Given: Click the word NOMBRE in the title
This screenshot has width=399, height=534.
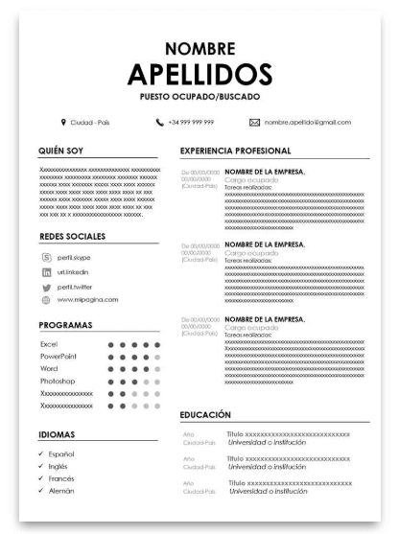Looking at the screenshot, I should [x=199, y=48].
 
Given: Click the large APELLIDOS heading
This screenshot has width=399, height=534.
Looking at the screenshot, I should [x=199, y=74].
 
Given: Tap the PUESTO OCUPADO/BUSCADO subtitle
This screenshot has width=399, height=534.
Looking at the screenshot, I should [x=199, y=97].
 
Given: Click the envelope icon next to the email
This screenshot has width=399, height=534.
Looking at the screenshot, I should [x=254, y=123].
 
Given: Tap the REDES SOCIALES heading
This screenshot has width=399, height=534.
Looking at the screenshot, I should [x=71, y=236].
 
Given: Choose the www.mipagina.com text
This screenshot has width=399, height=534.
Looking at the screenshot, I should [x=87, y=300].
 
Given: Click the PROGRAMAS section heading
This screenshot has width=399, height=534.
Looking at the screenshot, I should [x=65, y=325].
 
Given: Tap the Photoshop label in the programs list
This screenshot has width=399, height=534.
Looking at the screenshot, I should [x=59, y=381].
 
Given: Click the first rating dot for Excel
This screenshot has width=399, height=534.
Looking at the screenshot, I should [x=111, y=344].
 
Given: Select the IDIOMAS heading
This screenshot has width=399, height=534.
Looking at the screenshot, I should [x=57, y=434].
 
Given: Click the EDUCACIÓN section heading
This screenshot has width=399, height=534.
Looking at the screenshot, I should [x=205, y=415].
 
